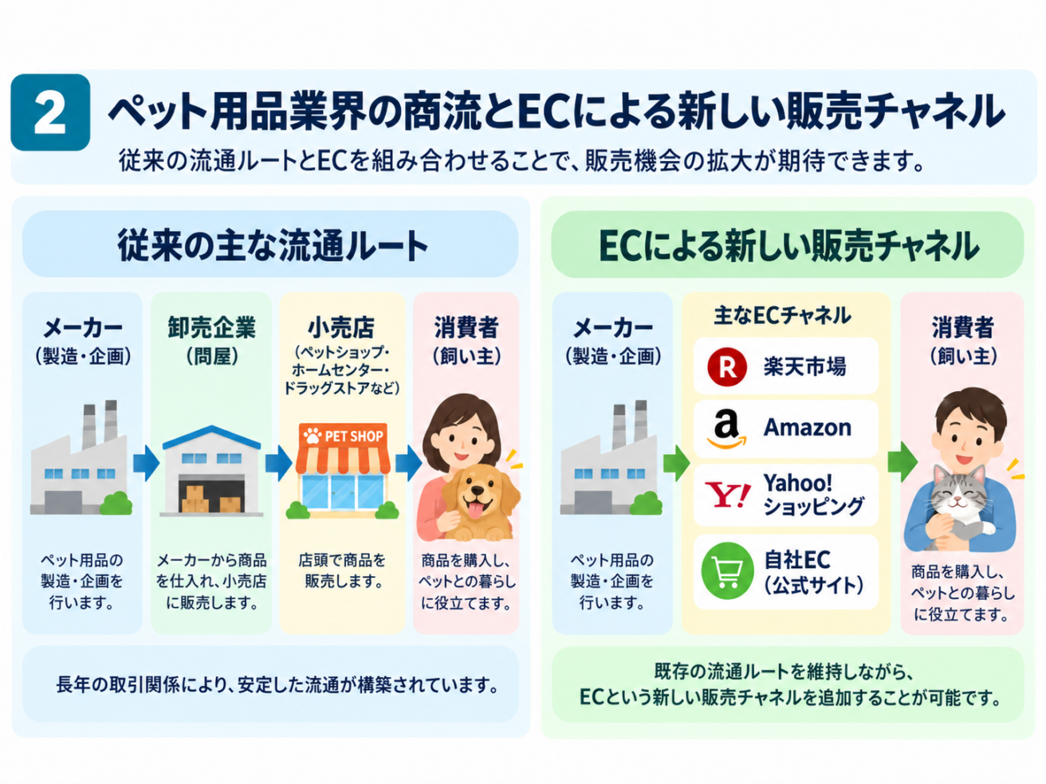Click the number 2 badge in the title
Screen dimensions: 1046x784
tap(50, 112)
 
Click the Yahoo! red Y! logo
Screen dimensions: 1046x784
tap(727, 495)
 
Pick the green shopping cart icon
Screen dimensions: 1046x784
tap(727, 570)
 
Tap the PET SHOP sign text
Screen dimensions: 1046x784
tap(354, 436)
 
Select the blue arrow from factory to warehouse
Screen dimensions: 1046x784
tap(146, 463)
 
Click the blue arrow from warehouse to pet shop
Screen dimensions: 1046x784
tap(278, 463)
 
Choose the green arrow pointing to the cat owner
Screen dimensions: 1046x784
tap(902, 462)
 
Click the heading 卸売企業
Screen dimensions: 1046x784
tap(211, 327)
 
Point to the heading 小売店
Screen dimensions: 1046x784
tap(341, 327)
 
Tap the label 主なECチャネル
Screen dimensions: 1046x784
tap(782, 316)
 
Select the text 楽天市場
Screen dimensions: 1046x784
tap(805, 367)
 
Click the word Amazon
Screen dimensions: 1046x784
tap(808, 427)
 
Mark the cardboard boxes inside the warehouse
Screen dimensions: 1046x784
tap(210, 499)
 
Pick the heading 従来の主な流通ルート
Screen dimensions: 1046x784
tap(273, 245)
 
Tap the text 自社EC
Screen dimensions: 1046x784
tap(797, 560)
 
